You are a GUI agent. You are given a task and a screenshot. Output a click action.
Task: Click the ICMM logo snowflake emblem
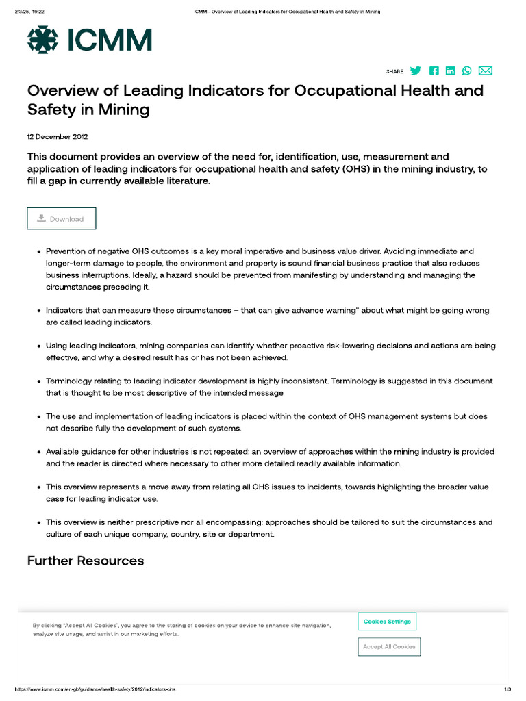(42, 40)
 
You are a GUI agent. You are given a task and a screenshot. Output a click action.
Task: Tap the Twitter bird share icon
(416, 71)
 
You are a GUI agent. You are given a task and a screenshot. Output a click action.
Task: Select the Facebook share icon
(434, 71)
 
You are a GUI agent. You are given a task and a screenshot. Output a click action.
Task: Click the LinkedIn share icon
(450, 71)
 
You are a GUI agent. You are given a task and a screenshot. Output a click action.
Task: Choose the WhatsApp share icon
(467, 71)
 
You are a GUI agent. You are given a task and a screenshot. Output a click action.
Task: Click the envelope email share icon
(486, 71)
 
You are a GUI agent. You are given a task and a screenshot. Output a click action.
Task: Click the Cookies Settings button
(387, 622)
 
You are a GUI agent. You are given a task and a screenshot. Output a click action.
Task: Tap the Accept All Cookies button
(389, 647)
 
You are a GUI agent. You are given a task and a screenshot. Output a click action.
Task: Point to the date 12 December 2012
(58, 136)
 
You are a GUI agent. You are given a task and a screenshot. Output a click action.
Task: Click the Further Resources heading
(86, 561)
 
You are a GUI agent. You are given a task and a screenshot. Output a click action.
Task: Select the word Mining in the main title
(126, 110)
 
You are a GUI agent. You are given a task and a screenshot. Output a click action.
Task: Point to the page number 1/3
(508, 689)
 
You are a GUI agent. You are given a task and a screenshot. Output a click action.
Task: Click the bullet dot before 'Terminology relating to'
(38, 381)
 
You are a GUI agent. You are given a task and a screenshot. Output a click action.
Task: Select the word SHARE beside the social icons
(394, 71)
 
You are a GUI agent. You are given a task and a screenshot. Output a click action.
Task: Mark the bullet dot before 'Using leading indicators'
(38, 346)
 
